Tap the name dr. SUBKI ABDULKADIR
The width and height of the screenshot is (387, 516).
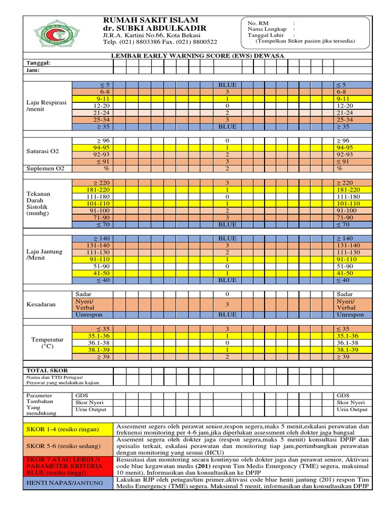(154, 28)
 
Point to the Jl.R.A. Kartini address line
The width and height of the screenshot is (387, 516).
(151, 36)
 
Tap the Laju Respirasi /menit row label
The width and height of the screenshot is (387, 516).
(46, 106)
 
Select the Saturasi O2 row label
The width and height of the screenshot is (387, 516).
(43, 151)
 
